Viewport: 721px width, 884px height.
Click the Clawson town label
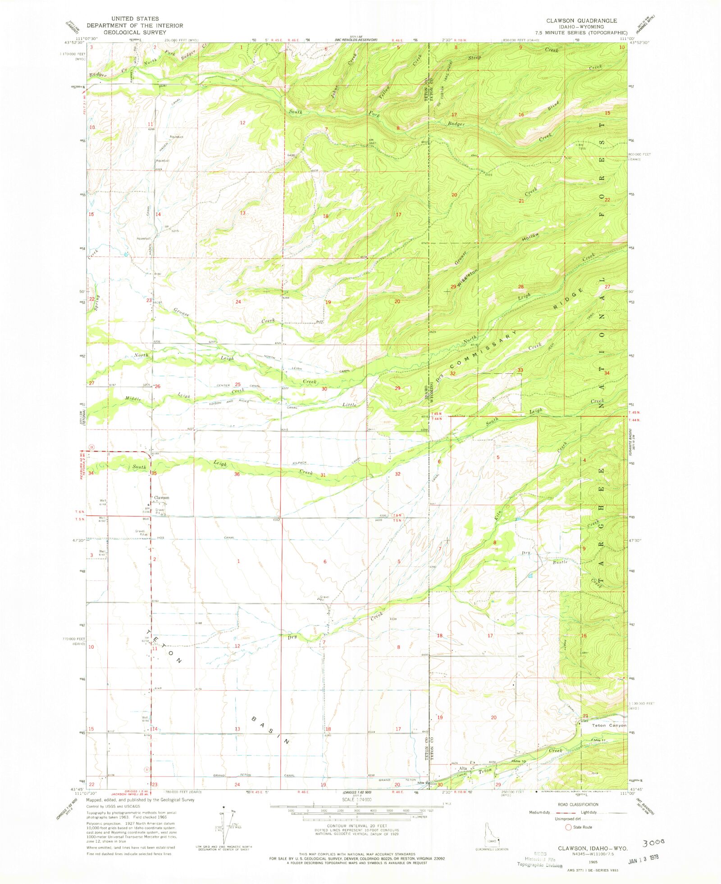coord(161,498)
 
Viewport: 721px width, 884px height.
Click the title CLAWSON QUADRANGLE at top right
coord(581,21)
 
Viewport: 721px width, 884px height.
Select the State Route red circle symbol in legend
coord(568,827)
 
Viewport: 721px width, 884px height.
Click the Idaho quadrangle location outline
coord(491,835)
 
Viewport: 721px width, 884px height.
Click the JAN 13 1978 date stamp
coord(643,857)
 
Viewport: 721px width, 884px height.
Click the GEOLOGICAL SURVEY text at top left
coord(135,32)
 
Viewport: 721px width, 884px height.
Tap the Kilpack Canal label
coord(299,462)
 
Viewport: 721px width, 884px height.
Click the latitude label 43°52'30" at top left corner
coord(74,43)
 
